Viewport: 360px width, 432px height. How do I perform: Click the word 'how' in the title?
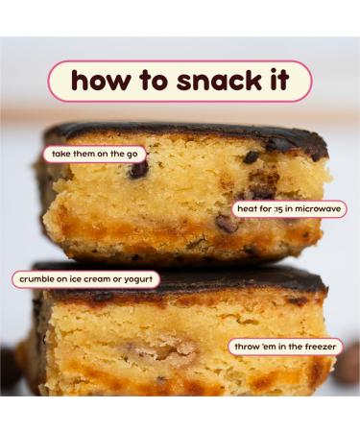101,81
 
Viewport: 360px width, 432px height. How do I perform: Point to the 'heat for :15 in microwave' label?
289,208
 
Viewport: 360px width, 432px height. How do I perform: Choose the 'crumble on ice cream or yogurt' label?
85,280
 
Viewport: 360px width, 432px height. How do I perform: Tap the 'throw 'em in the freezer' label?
285,346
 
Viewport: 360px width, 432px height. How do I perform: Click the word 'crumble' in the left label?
36,280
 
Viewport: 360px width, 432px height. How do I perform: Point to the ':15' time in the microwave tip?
277,208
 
